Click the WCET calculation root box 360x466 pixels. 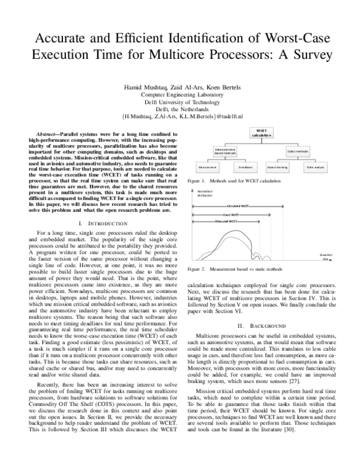(x=260, y=133)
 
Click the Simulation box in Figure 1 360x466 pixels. (x=230, y=167)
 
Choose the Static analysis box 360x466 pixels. (x=315, y=167)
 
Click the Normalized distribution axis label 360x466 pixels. (x=205, y=193)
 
